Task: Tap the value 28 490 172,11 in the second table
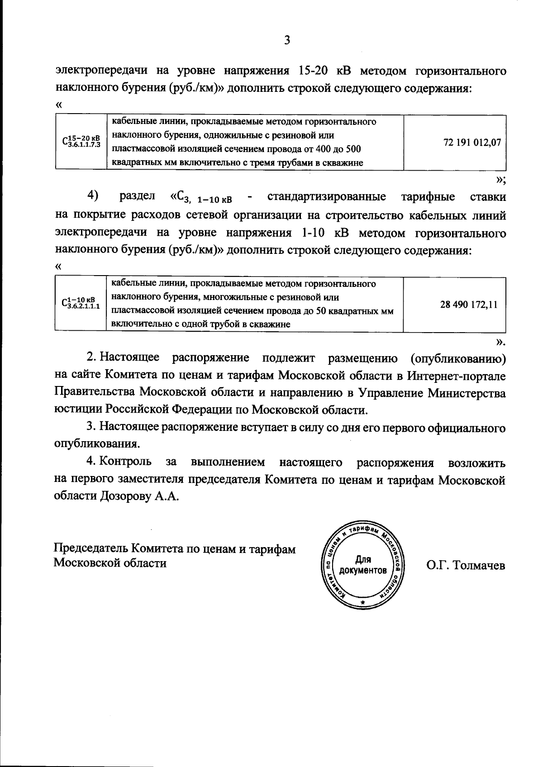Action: [x=469, y=305]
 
